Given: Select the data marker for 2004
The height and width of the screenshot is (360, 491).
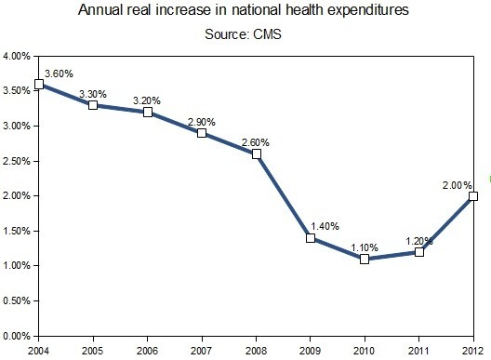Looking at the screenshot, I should [x=38, y=85].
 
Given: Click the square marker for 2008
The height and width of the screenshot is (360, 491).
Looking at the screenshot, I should [x=257, y=154].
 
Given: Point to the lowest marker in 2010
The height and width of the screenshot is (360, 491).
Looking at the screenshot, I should [x=365, y=259].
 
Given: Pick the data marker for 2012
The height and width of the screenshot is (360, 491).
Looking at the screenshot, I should [x=473, y=196].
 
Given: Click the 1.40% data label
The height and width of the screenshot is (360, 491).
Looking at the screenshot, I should [x=324, y=226].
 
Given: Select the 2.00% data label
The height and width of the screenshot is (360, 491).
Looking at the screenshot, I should [x=458, y=184].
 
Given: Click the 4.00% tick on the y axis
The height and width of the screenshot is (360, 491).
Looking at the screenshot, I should [x=18, y=57].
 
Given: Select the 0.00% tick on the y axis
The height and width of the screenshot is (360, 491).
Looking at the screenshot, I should [x=18, y=335].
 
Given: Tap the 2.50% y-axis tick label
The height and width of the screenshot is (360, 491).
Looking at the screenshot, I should [x=18, y=161].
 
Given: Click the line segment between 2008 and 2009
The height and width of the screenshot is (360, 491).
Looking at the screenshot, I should [x=284, y=196].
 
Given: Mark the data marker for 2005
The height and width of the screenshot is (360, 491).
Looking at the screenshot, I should [x=93, y=105].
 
